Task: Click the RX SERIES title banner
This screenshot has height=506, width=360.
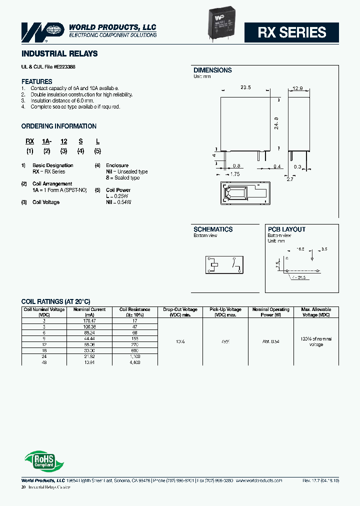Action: click(x=292, y=32)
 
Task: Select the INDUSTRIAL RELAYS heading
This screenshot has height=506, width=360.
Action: click(x=59, y=53)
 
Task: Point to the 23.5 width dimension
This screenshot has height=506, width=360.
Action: click(x=245, y=87)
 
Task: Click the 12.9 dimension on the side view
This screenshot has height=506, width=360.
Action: click(x=297, y=88)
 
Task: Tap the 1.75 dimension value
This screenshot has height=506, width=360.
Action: click(x=234, y=174)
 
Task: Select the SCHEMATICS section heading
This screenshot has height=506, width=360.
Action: click(x=213, y=229)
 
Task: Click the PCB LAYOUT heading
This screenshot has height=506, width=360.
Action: click(x=286, y=229)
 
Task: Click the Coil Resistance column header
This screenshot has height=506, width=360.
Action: click(x=134, y=312)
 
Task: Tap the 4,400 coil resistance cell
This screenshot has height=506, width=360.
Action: click(x=134, y=362)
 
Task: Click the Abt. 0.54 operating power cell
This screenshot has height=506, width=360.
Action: click(x=270, y=341)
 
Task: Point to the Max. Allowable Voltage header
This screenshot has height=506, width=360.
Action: click(x=316, y=312)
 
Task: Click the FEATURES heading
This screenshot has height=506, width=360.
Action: click(x=36, y=81)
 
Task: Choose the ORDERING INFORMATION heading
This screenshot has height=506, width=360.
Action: click(x=59, y=126)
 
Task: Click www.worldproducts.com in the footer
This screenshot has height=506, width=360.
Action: click(x=258, y=480)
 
